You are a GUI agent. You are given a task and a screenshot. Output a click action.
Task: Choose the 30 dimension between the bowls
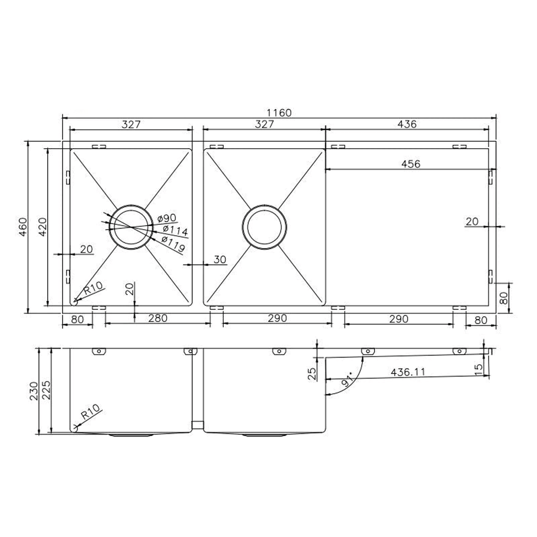tap(220, 259)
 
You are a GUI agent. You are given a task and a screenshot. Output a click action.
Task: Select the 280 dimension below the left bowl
tap(158, 319)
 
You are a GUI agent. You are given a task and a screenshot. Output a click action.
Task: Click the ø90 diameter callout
tap(167, 218)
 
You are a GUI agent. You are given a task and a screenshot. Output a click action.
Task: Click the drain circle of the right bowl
tap(264, 227)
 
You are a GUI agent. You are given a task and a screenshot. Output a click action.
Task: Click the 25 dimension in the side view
tap(312, 373)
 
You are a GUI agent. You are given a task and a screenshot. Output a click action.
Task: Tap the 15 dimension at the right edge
tap(479, 369)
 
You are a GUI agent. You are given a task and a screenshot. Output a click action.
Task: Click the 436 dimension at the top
tap(407, 124)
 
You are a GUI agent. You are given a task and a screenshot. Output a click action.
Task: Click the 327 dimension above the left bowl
tap(131, 124)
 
